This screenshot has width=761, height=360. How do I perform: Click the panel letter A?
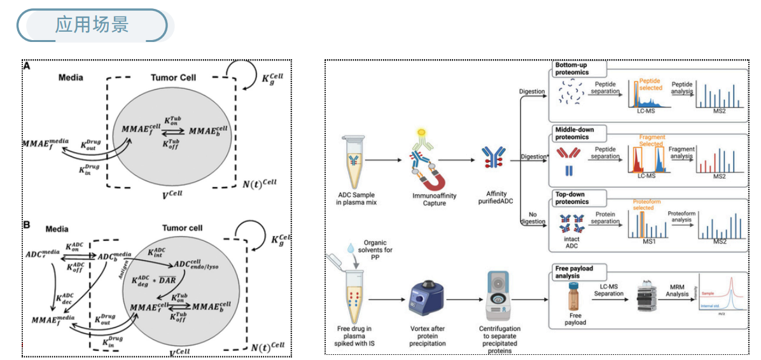point(27,66)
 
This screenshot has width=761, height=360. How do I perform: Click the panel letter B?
point(27,225)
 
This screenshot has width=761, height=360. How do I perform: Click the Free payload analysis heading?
point(574,272)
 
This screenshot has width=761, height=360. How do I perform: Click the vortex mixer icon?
point(426,303)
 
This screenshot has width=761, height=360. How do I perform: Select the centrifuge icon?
point(499,299)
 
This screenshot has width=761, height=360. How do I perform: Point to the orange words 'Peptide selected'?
point(650,85)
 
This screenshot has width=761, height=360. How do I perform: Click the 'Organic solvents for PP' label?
point(379,246)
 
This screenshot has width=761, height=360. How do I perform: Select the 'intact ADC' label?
point(571,244)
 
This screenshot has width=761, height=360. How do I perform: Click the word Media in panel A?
point(71,78)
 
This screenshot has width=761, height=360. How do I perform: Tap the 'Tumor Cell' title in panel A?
point(173,78)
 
